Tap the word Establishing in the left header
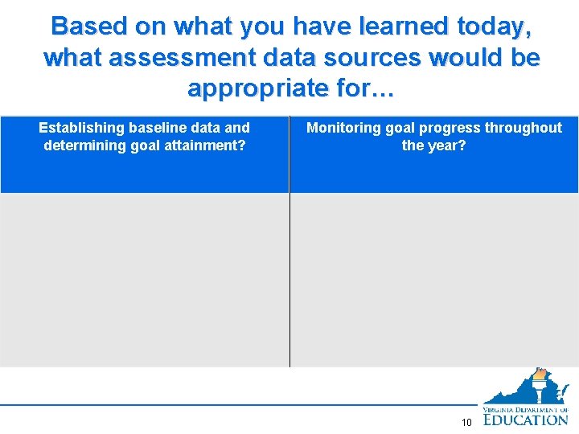[81, 128]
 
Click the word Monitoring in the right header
[343, 128]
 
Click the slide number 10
[466, 423]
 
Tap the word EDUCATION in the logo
[525, 419]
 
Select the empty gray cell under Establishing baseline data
[145, 280]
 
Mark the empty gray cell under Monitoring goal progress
[434, 280]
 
